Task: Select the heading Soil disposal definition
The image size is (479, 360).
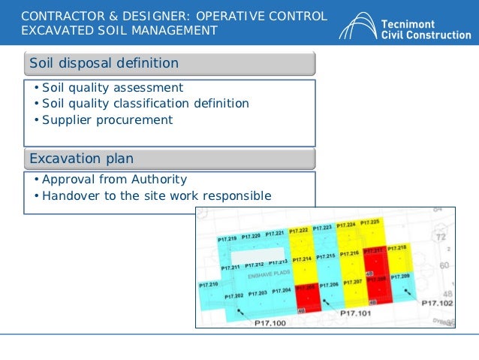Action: (x=104, y=63)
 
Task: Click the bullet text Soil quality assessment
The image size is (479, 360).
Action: (x=113, y=87)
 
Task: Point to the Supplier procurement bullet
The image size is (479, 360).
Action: (x=107, y=119)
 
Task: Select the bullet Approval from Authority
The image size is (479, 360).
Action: (x=115, y=180)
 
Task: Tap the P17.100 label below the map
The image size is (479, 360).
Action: (x=270, y=322)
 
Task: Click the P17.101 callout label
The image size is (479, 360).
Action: (x=357, y=312)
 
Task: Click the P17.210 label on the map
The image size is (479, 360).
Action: (x=209, y=285)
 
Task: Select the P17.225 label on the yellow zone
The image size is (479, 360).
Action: (x=370, y=222)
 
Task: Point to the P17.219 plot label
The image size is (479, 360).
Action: (x=227, y=238)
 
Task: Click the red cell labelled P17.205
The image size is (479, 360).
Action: (x=306, y=289)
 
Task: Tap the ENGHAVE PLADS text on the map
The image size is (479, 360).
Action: (x=269, y=274)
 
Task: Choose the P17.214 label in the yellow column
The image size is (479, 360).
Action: (x=303, y=259)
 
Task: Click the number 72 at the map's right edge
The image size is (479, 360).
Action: (x=441, y=237)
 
